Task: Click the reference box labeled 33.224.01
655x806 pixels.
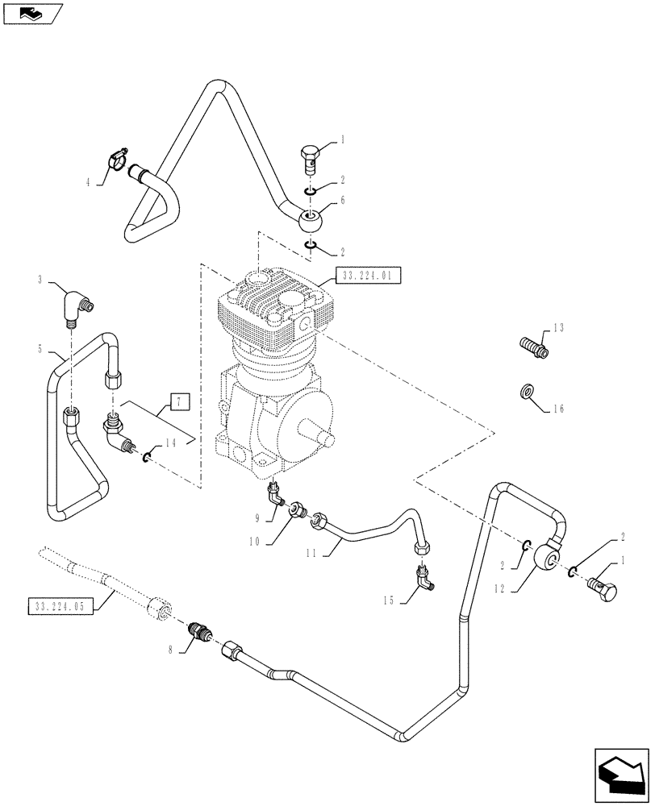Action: [368, 276]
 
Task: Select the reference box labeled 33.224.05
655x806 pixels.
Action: [61, 604]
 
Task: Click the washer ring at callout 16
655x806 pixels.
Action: [526, 393]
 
